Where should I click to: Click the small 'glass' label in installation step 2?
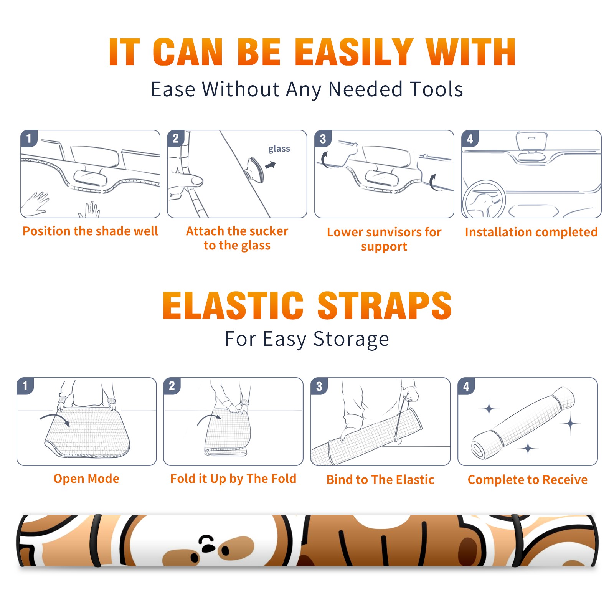(x=279, y=149)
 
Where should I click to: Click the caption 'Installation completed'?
(x=531, y=232)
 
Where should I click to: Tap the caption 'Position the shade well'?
(x=90, y=231)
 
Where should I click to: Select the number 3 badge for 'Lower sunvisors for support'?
(x=323, y=139)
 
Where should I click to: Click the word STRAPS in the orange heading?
(x=385, y=305)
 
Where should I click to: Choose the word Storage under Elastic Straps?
(x=351, y=339)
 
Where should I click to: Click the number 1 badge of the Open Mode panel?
(x=25, y=386)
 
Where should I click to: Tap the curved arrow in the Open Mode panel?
(x=55, y=419)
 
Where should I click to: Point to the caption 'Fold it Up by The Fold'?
(x=233, y=479)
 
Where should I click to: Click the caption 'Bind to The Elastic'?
(x=380, y=480)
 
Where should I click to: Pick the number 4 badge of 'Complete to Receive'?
(x=466, y=386)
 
